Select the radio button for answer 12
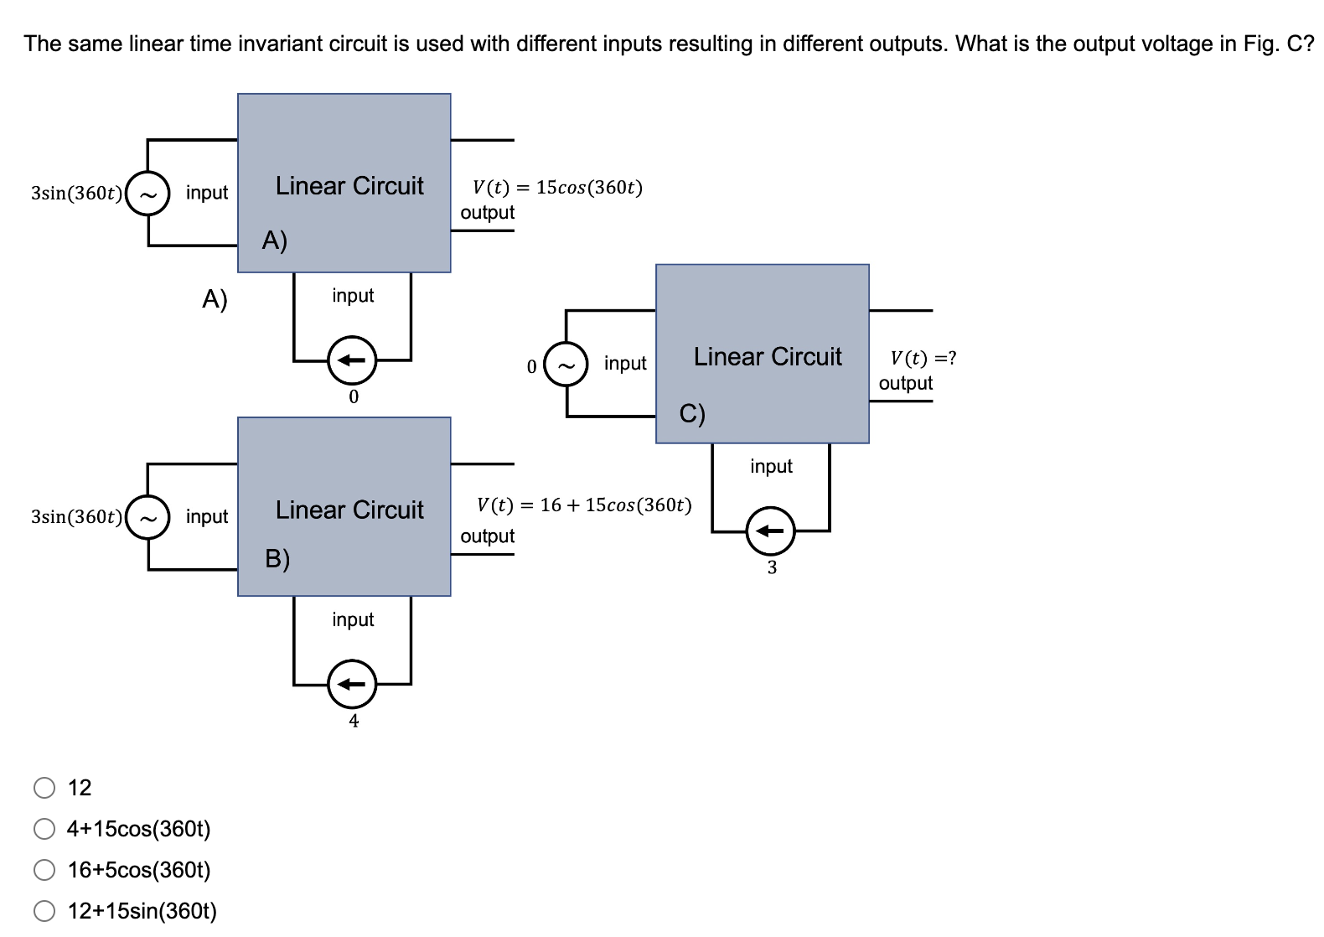pyautogui.click(x=44, y=788)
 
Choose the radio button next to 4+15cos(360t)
pyautogui.click(x=44, y=829)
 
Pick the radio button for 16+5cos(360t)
pyautogui.click(x=44, y=870)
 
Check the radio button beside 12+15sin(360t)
pyautogui.click(x=44, y=911)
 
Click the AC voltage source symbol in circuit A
pyautogui.click(x=148, y=194)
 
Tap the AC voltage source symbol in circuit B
pyautogui.click(x=148, y=517)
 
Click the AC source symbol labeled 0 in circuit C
pyautogui.click(x=566, y=365)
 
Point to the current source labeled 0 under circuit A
pyautogui.click(x=352, y=360)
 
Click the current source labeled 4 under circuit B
pyautogui.click(x=352, y=685)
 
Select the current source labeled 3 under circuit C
pyautogui.click(x=770, y=531)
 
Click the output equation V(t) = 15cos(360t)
pyautogui.click(x=557, y=187)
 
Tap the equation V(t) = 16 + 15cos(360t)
pyautogui.click(x=584, y=505)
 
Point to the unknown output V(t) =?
pyautogui.click(x=923, y=358)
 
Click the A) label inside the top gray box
pyautogui.click(x=275, y=241)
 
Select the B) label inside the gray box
pyautogui.click(x=277, y=558)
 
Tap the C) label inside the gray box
pyautogui.click(x=692, y=413)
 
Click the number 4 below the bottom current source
pyautogui.click(x=354, y=721)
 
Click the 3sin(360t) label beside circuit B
pyautogui.click(x=76, y=516)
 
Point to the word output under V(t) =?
pyautogui.click(x=905, y=383)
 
